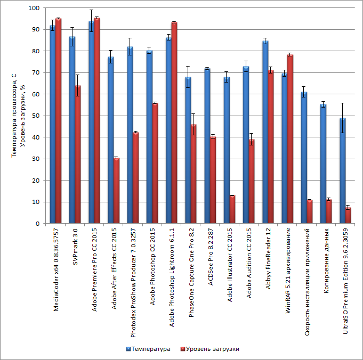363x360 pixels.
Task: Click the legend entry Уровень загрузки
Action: (212, 349)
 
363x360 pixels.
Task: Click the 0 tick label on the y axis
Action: (37, 224)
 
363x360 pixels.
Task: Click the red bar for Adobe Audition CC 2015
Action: (251, 182)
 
